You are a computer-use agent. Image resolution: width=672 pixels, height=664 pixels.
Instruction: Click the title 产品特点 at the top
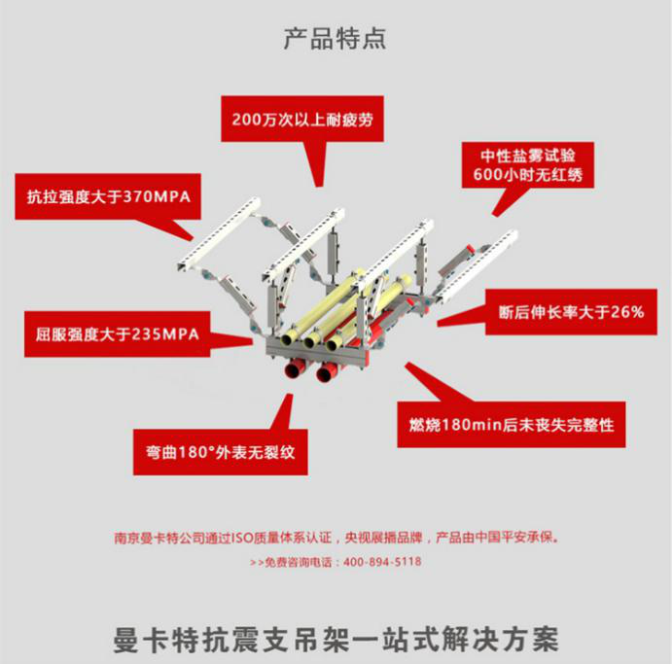(x=335, y=39)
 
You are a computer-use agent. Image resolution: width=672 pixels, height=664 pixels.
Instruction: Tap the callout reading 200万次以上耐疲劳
(x=302, y=121)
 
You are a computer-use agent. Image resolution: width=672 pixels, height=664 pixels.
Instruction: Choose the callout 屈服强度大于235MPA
(x=110, y=334)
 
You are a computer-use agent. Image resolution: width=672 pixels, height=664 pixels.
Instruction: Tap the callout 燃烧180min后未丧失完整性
(x=512, y=425)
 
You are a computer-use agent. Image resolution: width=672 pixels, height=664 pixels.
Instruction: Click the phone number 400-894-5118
(x=382, y=562)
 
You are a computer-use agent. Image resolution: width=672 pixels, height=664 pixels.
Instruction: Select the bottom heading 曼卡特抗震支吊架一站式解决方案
(x=336, y=642)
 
